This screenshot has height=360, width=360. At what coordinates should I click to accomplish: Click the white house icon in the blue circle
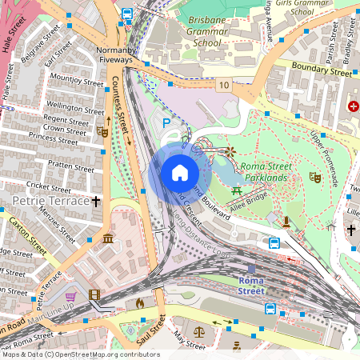point(179,173)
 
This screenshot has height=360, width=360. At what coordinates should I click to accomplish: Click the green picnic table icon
point(237,190)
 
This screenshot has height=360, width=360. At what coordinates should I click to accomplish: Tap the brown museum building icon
point(107,238)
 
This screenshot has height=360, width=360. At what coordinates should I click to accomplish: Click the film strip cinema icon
point(96,294)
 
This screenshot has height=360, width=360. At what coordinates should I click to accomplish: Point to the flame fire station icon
point(140,303)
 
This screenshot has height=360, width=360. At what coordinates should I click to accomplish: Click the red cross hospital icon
point(353,106)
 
